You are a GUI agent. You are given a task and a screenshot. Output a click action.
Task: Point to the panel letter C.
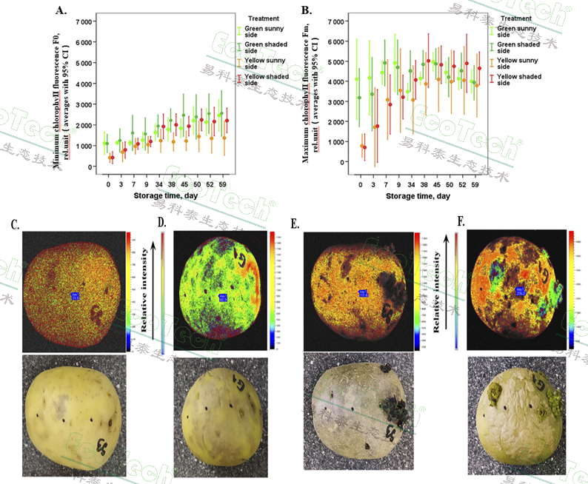(16, 223)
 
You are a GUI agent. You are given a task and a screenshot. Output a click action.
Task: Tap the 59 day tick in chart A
(224, 184)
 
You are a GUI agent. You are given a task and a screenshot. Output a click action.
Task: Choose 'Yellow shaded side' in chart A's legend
(262, 80)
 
